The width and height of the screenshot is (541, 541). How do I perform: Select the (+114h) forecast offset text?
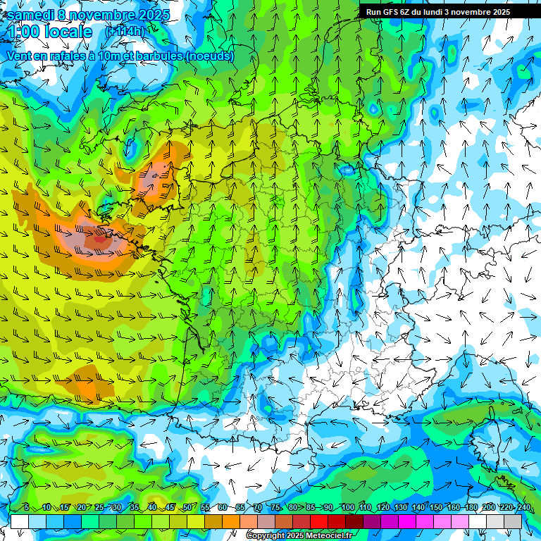[x=125, y=32]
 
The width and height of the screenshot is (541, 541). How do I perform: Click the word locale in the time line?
[x=68, y=32]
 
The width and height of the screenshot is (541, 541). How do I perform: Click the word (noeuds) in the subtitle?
[x=209, y=56]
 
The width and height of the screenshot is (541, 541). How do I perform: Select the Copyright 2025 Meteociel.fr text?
[x=300, y=536]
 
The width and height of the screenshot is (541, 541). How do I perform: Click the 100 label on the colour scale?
[x=347, y=508]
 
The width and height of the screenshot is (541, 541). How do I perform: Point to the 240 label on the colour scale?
[x=523, y=508]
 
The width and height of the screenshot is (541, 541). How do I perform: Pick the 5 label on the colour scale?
[x=26, y=508]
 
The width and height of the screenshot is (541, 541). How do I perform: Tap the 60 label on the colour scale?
[x=223, y=508]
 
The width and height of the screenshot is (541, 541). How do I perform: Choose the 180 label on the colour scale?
[x=471, y=508]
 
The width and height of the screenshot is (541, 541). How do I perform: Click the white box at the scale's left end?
[x=20, y=521]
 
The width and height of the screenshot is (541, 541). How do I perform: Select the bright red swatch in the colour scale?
[x=319, y=521]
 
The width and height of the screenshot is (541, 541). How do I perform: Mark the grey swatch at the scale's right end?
[x=513, y=521]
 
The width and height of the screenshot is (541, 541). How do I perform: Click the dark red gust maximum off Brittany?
[x=100, y=238]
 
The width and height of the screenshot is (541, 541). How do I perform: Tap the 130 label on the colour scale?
[x=400, y=508]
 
